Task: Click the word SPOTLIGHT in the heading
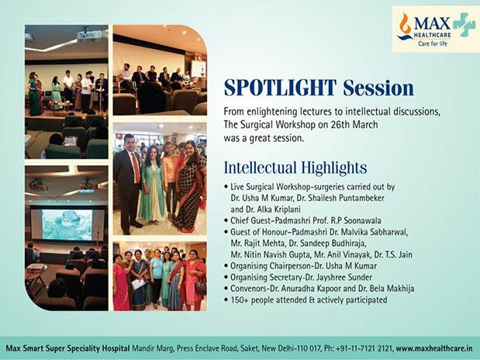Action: (x=281, y=88)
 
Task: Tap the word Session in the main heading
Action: (x=378, y=88)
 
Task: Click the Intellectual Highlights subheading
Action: (x=295, y=168)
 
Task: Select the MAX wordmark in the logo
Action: (x=432, y=23)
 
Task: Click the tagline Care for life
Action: (x=433, y=43)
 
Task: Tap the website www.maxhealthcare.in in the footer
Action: (x=434, y=348)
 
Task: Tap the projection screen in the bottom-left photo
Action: (x=67, y=224)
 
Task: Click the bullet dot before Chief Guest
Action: (x=226, y=221)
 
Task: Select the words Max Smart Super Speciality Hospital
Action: (x=68, y=348)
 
